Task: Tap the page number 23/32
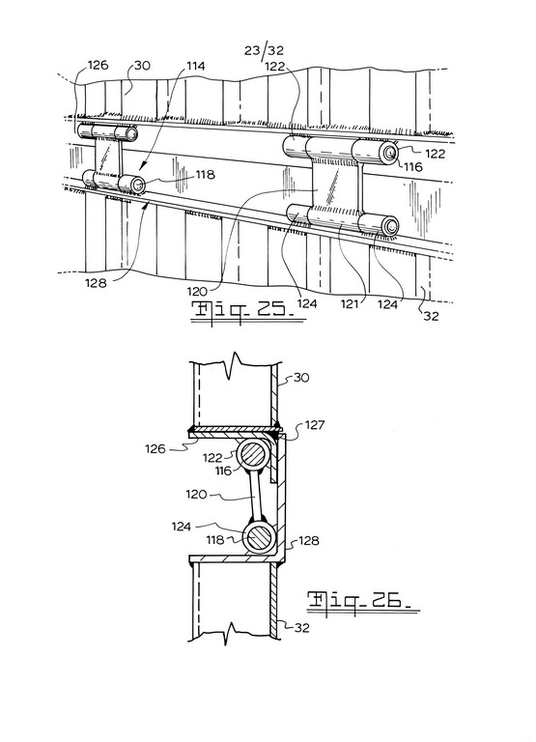tap(265, 50)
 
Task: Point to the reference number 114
tap(194, 66)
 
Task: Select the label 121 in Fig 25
tap(350, 303)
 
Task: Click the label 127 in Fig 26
tap(315, 425)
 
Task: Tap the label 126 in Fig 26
tap(155, 448)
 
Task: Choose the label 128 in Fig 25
tap(96, 283)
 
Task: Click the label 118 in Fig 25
tap(205, 175)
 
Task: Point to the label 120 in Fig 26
tap(196, 495)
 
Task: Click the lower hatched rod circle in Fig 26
tap(259, 538)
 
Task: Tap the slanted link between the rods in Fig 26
tap(257, 498)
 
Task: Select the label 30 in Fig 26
tap(301, 378)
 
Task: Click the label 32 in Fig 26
tap(302, 627)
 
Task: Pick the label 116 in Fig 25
tap(412, 166)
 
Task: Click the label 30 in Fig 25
tap(142, 66)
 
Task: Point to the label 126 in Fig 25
tap(99, 65)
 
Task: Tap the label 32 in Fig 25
tap(431, 315)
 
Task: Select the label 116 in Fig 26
tap(223, 471)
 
